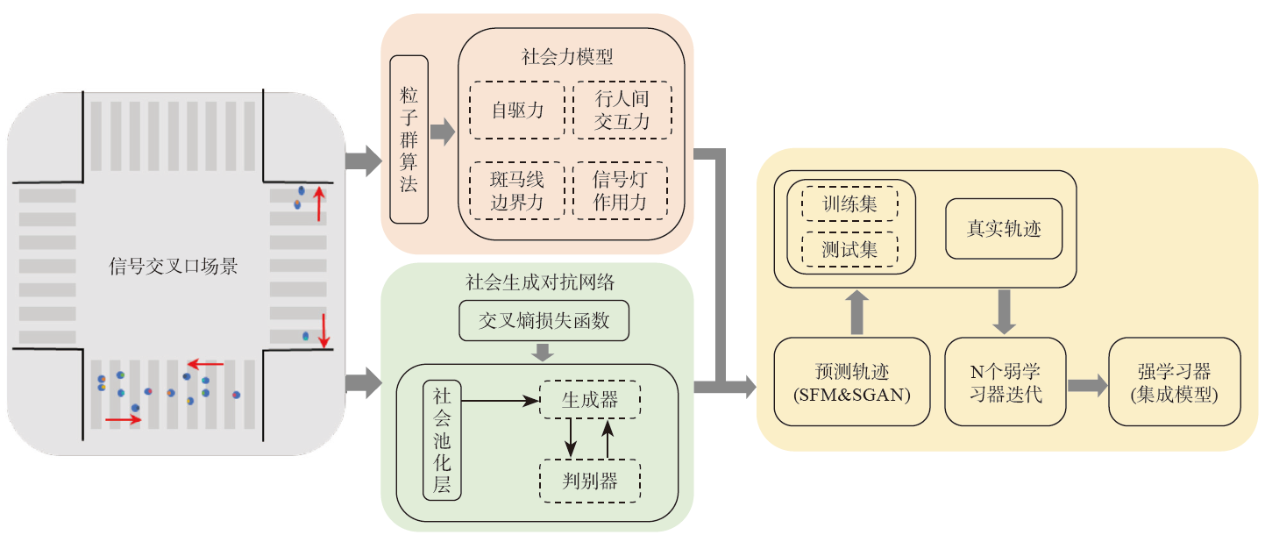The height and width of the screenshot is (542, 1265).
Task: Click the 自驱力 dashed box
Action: [x=517, y=111]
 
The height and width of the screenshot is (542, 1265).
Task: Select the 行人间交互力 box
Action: [x=622, y=111]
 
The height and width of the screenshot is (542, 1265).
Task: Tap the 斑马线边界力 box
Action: [x=517, y=191]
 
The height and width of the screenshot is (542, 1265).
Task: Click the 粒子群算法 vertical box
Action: [x=409, y=139]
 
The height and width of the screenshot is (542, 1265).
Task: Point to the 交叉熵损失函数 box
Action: [x=544, y=321]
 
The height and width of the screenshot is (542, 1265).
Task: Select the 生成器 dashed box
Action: [x=590, y=400]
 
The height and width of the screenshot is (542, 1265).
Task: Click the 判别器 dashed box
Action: [x=590, y=481]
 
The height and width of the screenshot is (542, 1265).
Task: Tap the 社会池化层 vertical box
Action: [x=442, y=440]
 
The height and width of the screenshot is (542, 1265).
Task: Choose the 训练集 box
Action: [x=849, y=203]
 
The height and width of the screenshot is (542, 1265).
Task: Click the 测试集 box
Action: [x=849, y=249]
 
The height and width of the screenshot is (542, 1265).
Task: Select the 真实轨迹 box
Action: [x=1004, y=228]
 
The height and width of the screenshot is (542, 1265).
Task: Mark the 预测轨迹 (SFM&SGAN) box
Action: [x=851, y=382]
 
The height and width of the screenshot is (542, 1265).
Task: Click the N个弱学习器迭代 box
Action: [x=1004, y=382]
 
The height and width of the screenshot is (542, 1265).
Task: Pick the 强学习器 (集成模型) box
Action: [x=1175, y=382]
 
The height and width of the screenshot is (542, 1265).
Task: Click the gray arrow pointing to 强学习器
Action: [x=1086, y=384]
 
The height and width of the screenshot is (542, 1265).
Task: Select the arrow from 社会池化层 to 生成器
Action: [x=499, y=401]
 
